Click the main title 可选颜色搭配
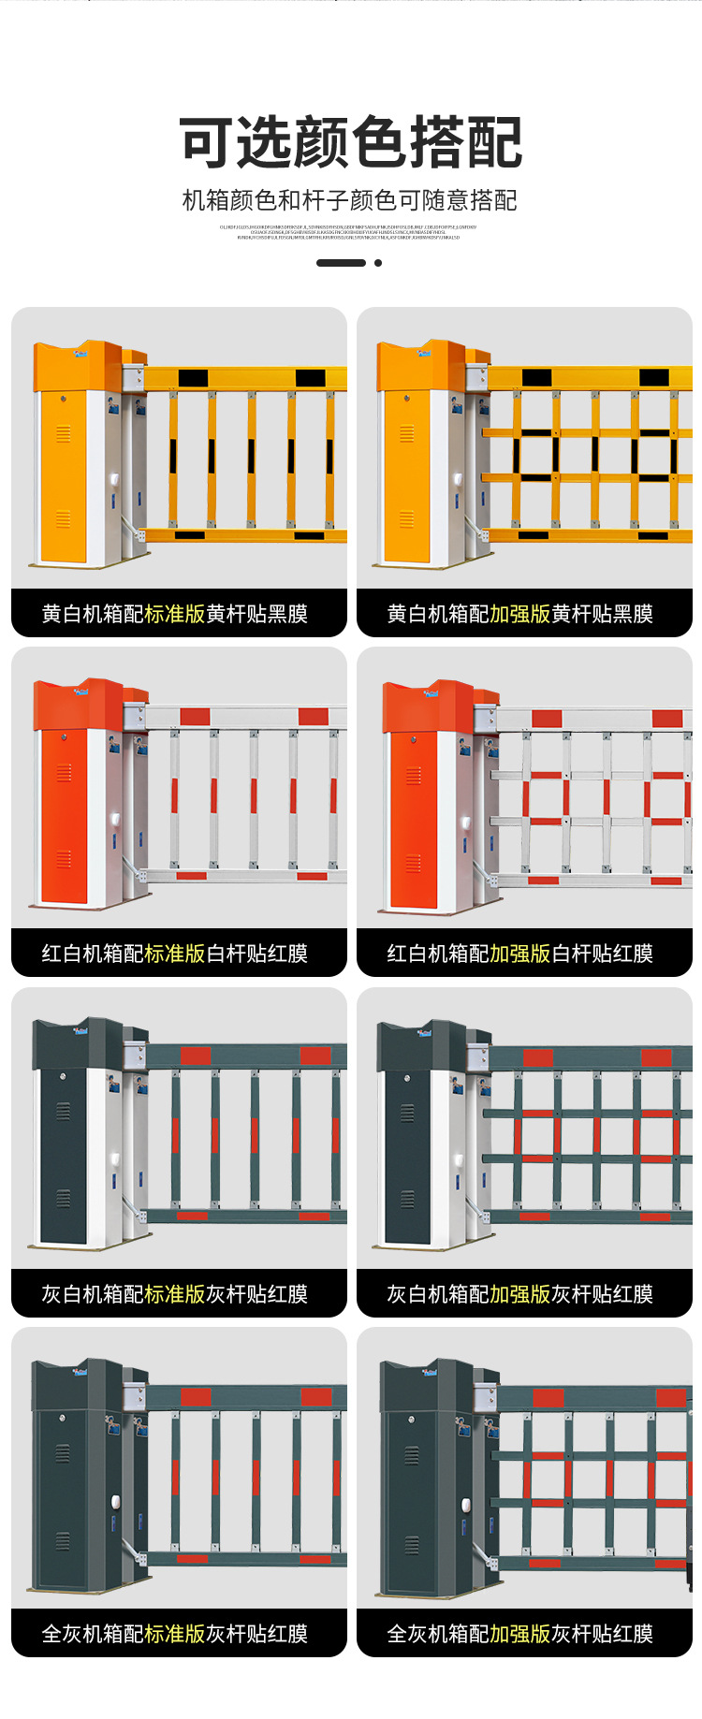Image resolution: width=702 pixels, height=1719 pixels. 350,143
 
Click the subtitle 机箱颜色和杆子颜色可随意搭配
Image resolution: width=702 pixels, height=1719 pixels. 349,200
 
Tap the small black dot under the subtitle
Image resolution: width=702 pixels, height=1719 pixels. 378,263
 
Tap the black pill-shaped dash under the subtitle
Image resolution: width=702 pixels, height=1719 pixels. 341,263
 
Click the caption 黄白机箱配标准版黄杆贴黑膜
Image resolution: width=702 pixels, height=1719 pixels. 175,614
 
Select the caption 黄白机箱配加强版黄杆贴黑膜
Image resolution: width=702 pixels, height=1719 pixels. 520,614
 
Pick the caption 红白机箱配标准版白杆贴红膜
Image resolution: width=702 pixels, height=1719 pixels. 175,954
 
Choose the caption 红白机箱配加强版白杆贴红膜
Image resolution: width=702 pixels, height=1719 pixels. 520,954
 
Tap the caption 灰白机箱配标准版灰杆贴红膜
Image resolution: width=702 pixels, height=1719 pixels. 175,1294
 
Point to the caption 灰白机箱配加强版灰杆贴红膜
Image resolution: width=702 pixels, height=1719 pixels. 520,1294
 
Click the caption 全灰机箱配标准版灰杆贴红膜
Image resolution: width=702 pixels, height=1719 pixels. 175,1634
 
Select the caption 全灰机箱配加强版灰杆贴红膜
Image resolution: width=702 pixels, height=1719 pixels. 520,1634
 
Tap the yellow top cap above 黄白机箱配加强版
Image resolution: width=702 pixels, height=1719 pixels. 420,367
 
